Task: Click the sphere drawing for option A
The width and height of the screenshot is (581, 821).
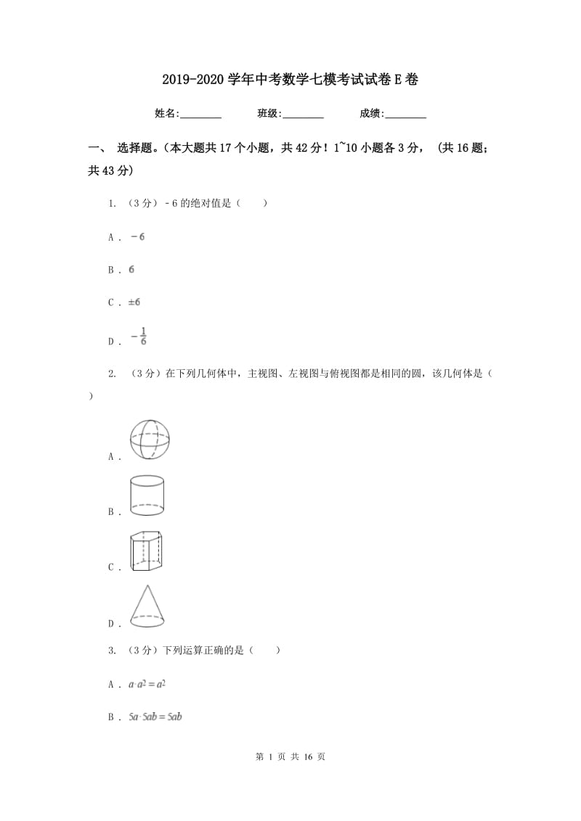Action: click(x=150, y=440)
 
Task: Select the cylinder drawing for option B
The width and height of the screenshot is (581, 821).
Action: click(x=147, y=495)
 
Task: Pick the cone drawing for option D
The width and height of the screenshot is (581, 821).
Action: click(x=147, y=606)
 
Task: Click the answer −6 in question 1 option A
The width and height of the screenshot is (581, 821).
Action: click(x=137, y=237)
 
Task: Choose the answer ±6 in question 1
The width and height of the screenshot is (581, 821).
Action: click(x=134, y=302)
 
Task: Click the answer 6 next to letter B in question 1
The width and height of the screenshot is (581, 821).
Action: click(x=131, y=269)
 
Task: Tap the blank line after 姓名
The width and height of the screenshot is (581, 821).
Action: click(x=200, y=114)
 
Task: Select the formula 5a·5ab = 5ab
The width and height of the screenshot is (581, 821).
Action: click(x=155, y=717)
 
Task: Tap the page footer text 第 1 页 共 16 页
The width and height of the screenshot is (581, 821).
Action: click(x=290, y=756)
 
